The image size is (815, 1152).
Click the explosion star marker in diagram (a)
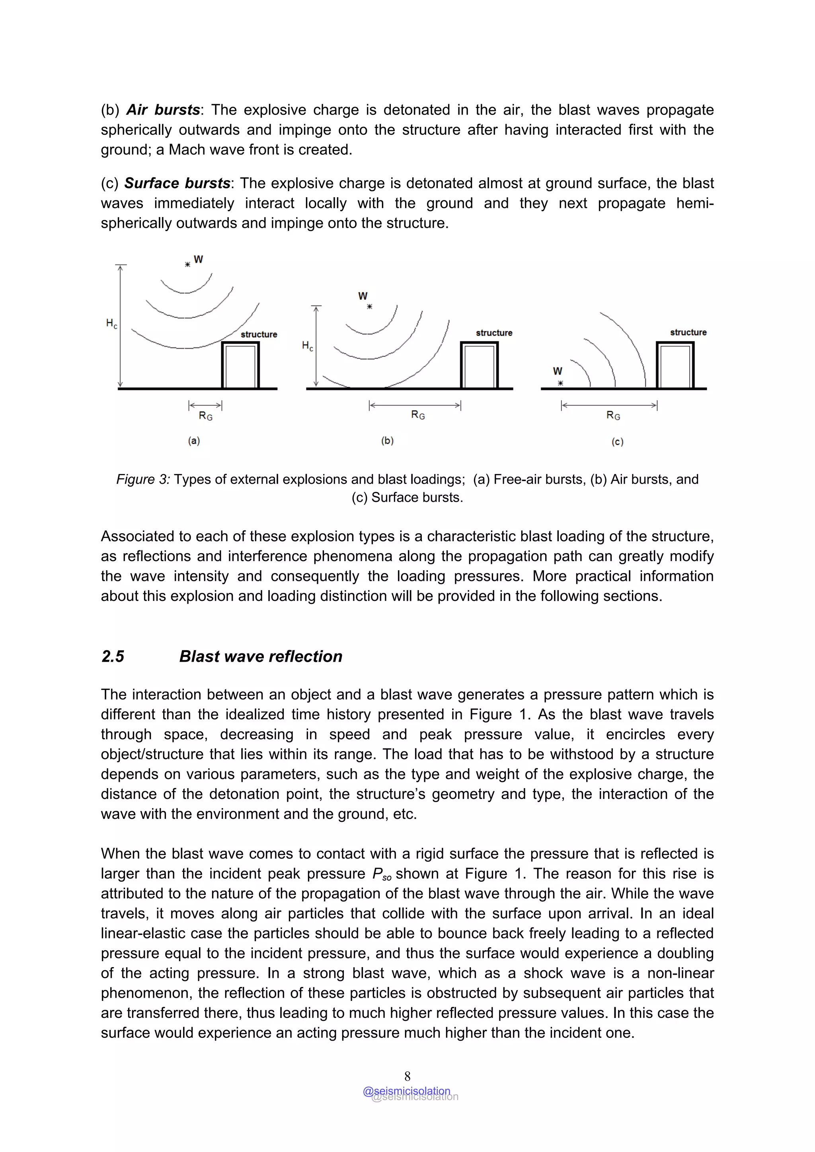point(187,264)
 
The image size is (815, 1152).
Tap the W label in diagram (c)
point(558,371)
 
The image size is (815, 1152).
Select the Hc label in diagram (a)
point(111,324)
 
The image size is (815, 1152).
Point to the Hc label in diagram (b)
point(307,346)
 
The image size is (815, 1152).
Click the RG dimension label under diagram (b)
point(418,415)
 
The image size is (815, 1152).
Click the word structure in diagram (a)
point(259,334)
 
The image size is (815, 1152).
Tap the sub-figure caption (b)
point(387,441)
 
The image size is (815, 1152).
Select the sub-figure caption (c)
point(617,442)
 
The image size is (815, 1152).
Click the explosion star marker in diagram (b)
point(370,307)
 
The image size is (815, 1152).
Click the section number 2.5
point(113,656)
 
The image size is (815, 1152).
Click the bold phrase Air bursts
point(163,110)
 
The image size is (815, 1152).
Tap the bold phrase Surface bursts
point(177,183)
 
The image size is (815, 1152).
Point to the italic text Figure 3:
point(143,479)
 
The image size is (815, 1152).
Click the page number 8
point(407,1076)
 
